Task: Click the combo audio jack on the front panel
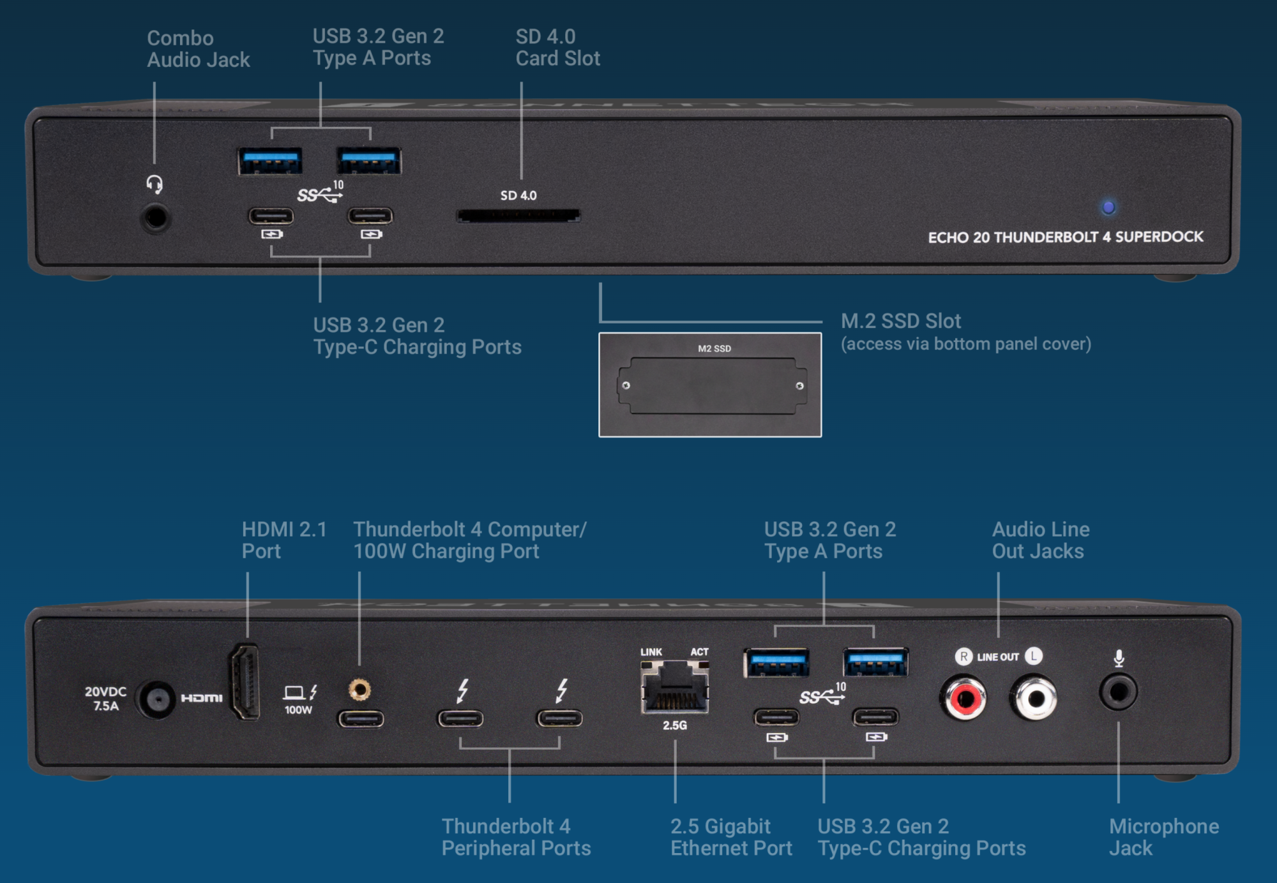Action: point(155,218)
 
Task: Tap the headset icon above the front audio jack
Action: point(155,185)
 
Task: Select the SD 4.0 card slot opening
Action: point(518,216)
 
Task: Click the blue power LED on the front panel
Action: point(1108,207)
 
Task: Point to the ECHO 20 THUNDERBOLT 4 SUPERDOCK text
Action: point(1065,237)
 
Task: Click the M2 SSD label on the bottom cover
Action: point(714,348)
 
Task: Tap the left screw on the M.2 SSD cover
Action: point(626,385)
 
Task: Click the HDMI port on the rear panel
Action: point(245,681)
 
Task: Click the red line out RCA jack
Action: point(963,699)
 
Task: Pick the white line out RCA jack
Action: point(1034,699)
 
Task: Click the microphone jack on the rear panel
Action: point(1118,692)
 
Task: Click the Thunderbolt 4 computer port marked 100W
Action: point(361,719)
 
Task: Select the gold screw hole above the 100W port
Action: point(360,690)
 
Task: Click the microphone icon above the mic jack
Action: point(1119,658)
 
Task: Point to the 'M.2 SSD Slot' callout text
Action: point(900,321)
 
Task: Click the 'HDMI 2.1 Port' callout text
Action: point(283,540)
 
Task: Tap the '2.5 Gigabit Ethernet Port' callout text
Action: point(730,837)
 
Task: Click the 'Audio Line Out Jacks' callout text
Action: point(1040,540)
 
